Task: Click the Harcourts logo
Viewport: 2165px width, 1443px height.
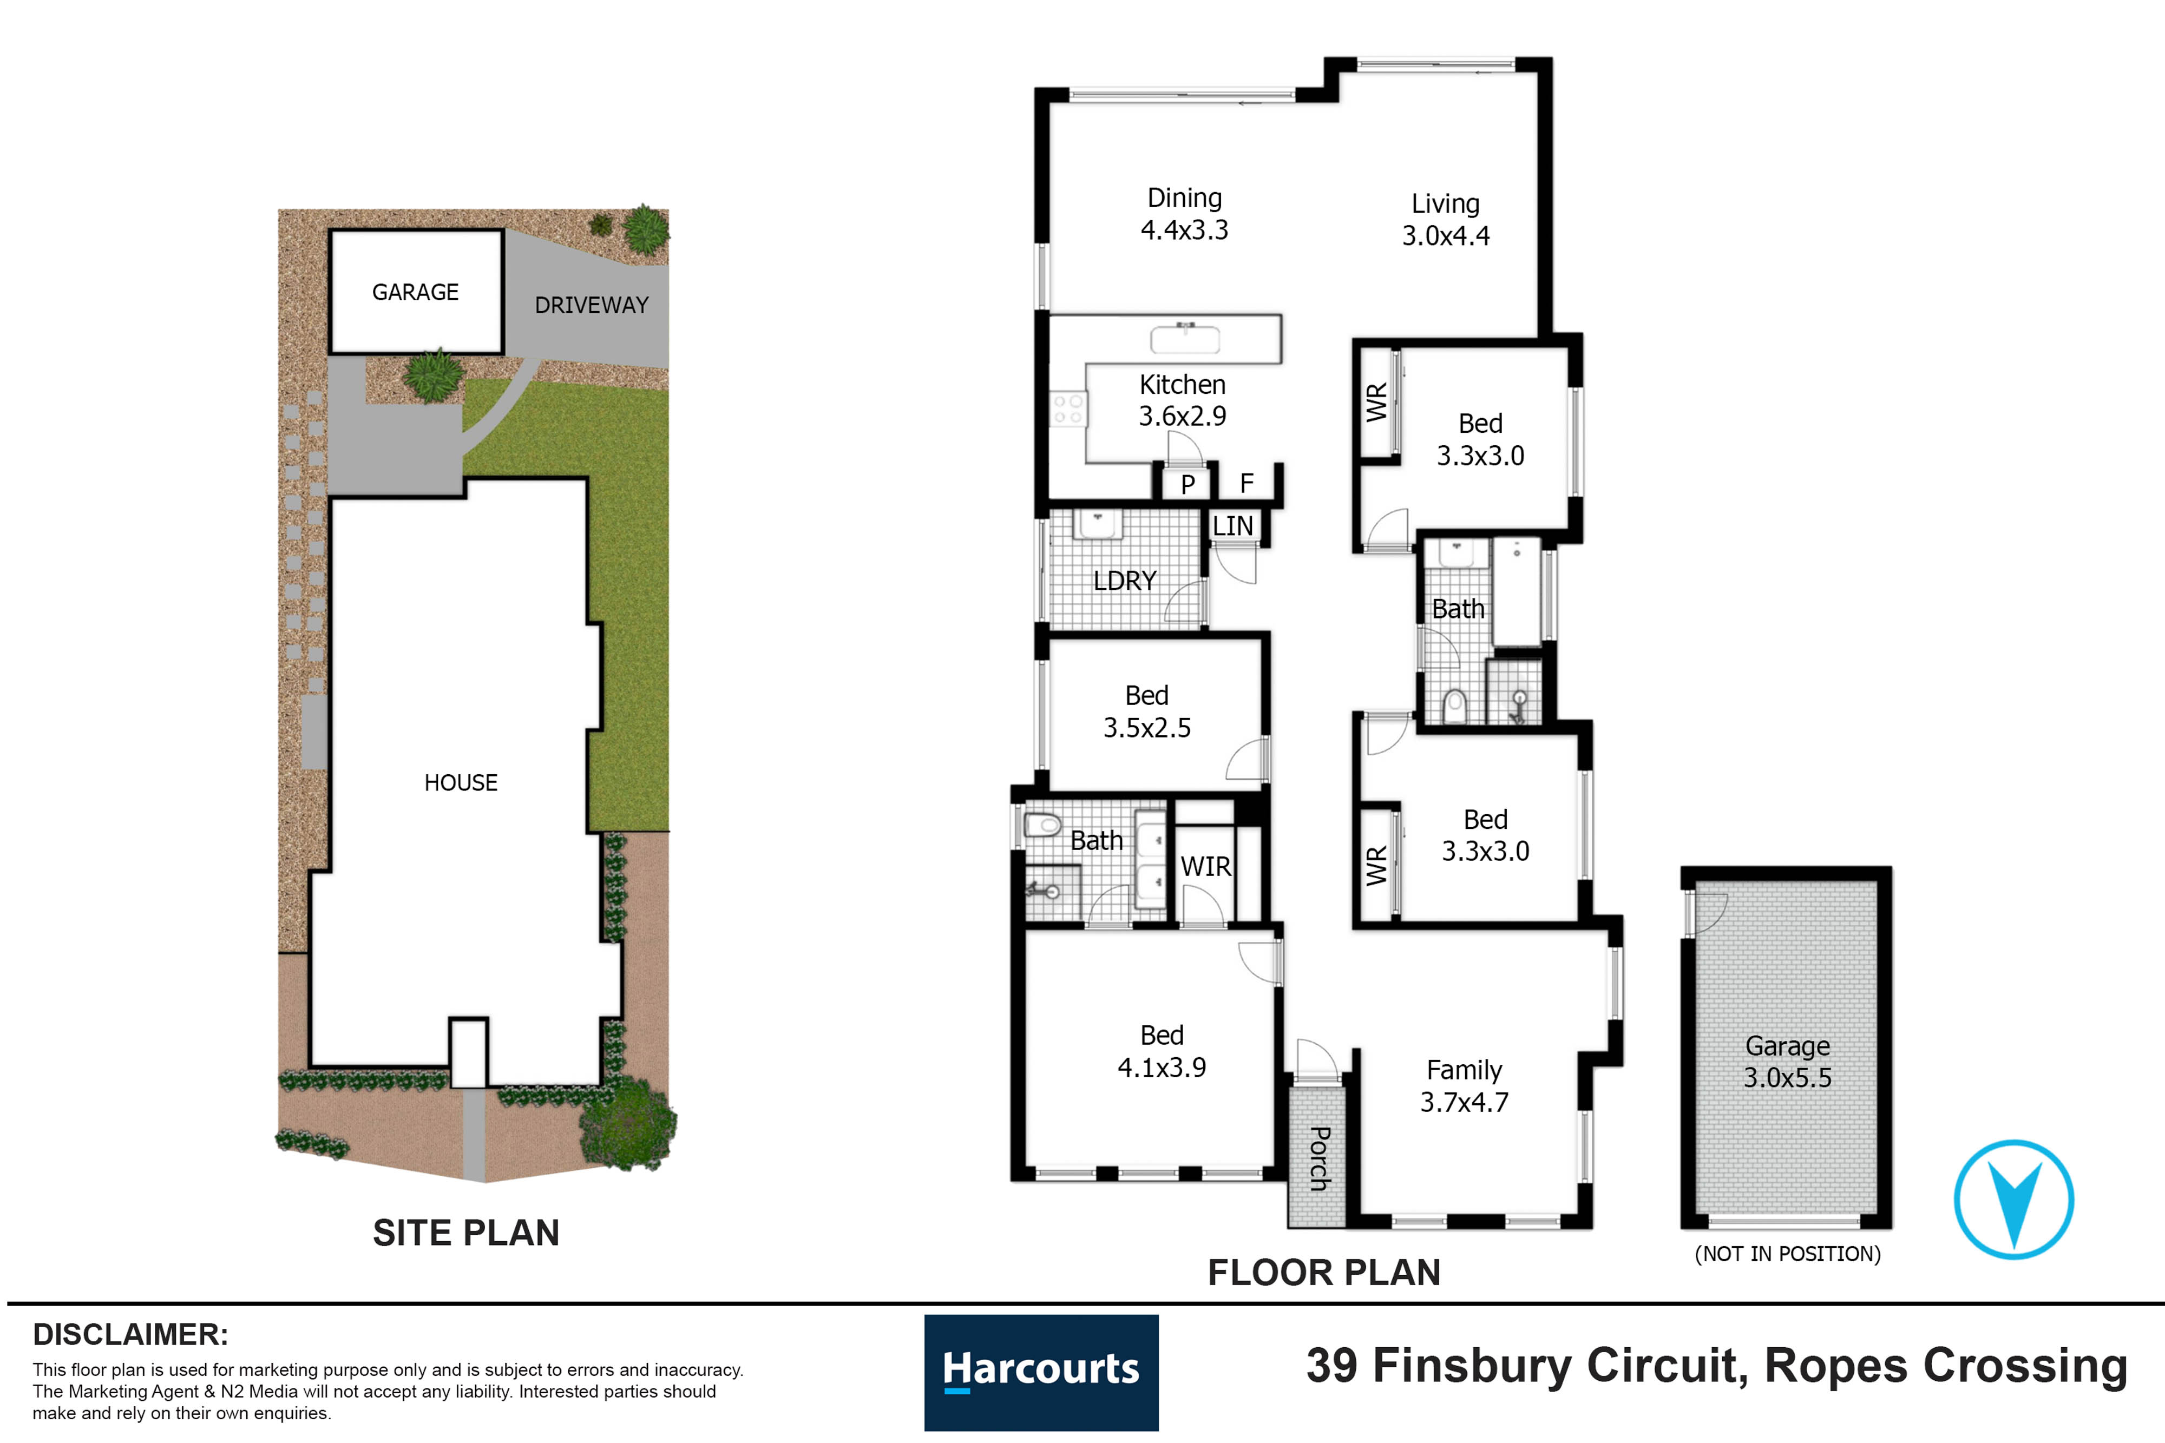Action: tap(1041, 1371)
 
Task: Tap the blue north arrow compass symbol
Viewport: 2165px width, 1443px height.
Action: tap(2013, 1199)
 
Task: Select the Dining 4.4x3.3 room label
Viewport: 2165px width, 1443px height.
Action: tap(1185, 214)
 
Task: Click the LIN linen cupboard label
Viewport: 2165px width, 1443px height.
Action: tap(1232, 526)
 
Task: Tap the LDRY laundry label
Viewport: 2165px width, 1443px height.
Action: tap(1125, 581)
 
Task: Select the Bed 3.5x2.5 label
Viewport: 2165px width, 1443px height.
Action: tap(1147, 711)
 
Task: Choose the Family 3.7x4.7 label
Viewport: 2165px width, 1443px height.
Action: tap(1465, 1086)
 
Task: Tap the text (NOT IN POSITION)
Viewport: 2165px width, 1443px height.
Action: tap(1788, 1254)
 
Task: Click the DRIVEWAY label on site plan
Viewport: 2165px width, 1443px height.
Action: tap(592, 305)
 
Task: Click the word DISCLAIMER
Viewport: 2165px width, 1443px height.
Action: tap(130, 1334)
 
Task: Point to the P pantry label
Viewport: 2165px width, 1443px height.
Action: tap(1188, 484)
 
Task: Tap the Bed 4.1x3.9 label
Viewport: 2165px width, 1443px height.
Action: tap(1162, 1051)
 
